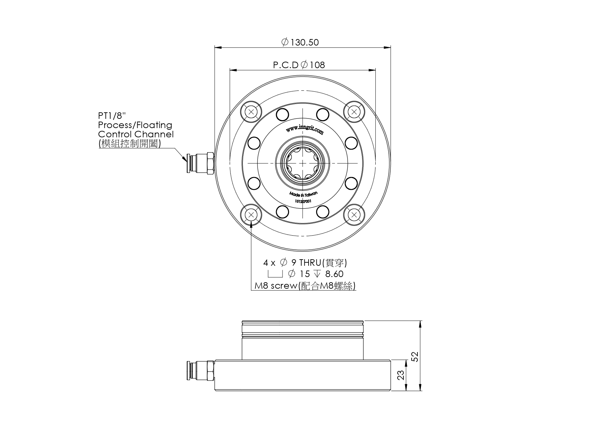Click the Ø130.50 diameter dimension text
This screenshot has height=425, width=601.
(300, 42)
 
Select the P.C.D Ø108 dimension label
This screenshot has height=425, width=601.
(299, 65)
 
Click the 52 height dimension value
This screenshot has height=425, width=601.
(415, 357)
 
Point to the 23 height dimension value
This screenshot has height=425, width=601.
(401, 375)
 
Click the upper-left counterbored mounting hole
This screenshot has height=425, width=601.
(251, 112)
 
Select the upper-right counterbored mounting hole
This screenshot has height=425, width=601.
(354, 112)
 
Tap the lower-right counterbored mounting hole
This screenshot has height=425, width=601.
(354, 215)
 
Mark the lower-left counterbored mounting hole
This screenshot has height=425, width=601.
(251, 215)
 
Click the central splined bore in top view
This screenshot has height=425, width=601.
(303, 163)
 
